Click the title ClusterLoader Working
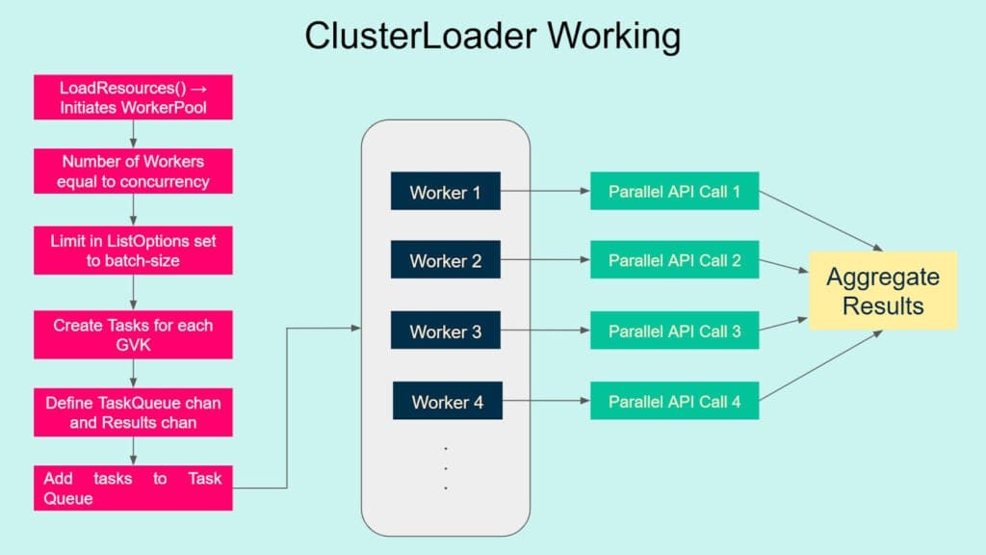point(492,37)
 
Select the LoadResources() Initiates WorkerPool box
point(133,97)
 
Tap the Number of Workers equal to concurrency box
point(133,172)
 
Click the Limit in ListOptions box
point(133,250)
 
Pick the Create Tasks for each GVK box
point(133,334)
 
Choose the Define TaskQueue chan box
point(133,412)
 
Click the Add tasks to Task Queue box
point(133,488)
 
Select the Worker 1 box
point(445,192)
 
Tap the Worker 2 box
point(445,260)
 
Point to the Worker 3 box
point(445,331)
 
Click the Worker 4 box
point(447,401)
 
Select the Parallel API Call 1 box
point(674,192)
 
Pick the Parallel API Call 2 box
point(674,260)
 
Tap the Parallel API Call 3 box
point(674,331)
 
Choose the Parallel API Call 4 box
point(674,401)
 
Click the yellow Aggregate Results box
point(883,291)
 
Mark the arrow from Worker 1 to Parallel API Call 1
point(545,192)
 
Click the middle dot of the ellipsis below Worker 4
point(446,468)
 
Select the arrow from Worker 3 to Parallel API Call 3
point(545,331)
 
